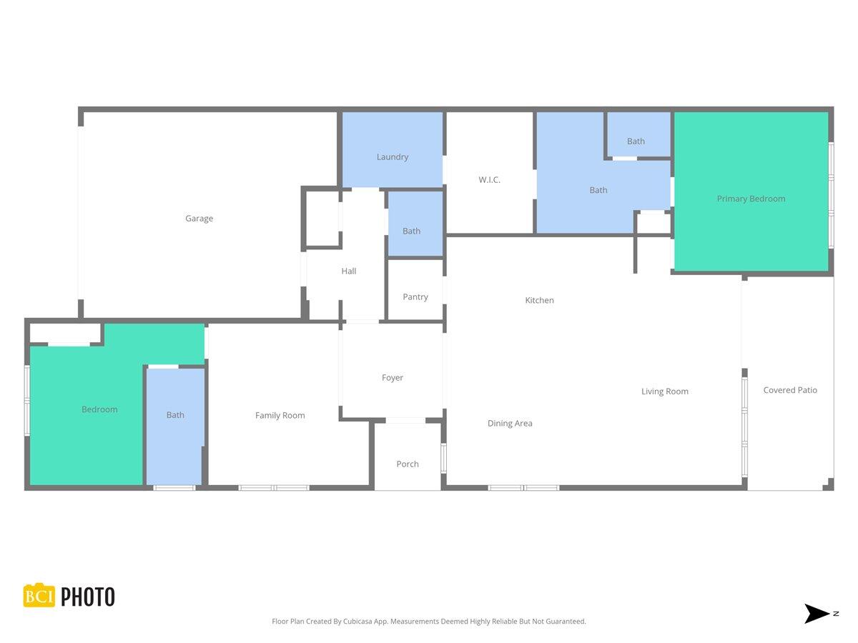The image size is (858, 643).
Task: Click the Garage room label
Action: pos(199,219)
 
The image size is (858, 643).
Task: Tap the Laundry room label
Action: pos(393,157)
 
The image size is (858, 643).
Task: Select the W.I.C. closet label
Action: pos(489,180)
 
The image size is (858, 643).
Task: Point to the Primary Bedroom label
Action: pos(751,199)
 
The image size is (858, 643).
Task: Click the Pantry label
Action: pos(415,297)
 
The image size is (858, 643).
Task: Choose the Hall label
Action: pos(348,271)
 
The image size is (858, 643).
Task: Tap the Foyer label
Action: pos(392,378)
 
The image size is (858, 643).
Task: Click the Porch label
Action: pos(408,464)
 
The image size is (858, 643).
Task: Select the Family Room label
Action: pos(280,416)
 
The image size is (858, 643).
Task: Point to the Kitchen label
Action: pos(539,301)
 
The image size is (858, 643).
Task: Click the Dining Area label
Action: pos(510,424)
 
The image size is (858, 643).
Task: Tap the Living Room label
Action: pos(664,392)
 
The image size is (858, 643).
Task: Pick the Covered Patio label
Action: pos(789,390)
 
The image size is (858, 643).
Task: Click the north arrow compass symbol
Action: pos(817,614)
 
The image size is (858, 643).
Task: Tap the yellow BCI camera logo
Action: pos(39,596)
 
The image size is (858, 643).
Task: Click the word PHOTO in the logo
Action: pos(87,597)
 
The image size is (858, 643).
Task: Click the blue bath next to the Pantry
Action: pos(412,231)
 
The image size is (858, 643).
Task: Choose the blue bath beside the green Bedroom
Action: pos(175,415)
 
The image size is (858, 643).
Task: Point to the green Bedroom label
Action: pos(99,409)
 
